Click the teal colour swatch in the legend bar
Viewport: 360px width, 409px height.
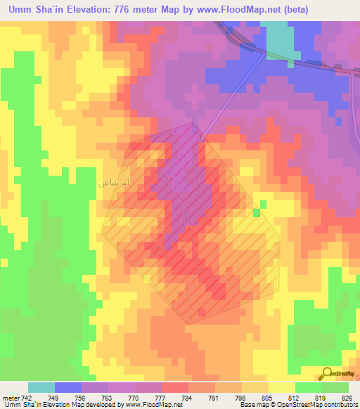[x=41, y=388]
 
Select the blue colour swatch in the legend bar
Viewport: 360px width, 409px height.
[x=68, y=388]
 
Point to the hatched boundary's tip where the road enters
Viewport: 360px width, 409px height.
[x=201, y=139]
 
